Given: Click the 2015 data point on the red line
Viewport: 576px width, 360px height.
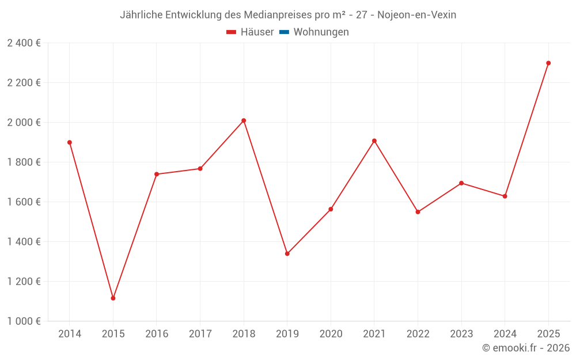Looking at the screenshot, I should pos(113,298).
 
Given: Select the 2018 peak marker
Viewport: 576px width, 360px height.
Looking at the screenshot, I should pos(244,120).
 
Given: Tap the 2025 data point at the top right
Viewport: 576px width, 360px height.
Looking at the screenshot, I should pos(548,63).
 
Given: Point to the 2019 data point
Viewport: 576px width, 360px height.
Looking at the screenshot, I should pos(287,253).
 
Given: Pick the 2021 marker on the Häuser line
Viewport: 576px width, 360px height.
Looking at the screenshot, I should pos(374,141).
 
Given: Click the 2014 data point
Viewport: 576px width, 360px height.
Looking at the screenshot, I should pos(70,142).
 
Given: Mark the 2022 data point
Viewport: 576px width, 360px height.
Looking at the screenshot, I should pos(418,212).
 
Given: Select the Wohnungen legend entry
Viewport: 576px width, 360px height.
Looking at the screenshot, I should pos(321,32).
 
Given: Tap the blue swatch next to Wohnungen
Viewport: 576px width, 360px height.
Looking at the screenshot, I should pos(284,32).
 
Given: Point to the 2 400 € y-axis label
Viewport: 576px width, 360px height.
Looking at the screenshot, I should pos(24,43).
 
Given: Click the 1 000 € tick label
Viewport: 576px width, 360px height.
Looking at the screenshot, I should pos(24,321).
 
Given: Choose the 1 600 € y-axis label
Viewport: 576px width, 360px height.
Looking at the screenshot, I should pos(24,202).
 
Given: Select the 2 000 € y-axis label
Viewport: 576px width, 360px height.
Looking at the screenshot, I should pos(24,122).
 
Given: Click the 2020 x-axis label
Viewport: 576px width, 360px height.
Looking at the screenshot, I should pos(331,334).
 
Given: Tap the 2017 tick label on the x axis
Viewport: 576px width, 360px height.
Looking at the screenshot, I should pos(200,334).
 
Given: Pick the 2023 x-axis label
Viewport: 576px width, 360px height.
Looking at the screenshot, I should pos(461,334).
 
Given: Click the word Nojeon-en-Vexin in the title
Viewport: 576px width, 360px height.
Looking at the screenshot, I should pos(416,15).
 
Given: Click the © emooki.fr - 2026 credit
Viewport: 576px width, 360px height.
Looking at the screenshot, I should pos(526,348).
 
